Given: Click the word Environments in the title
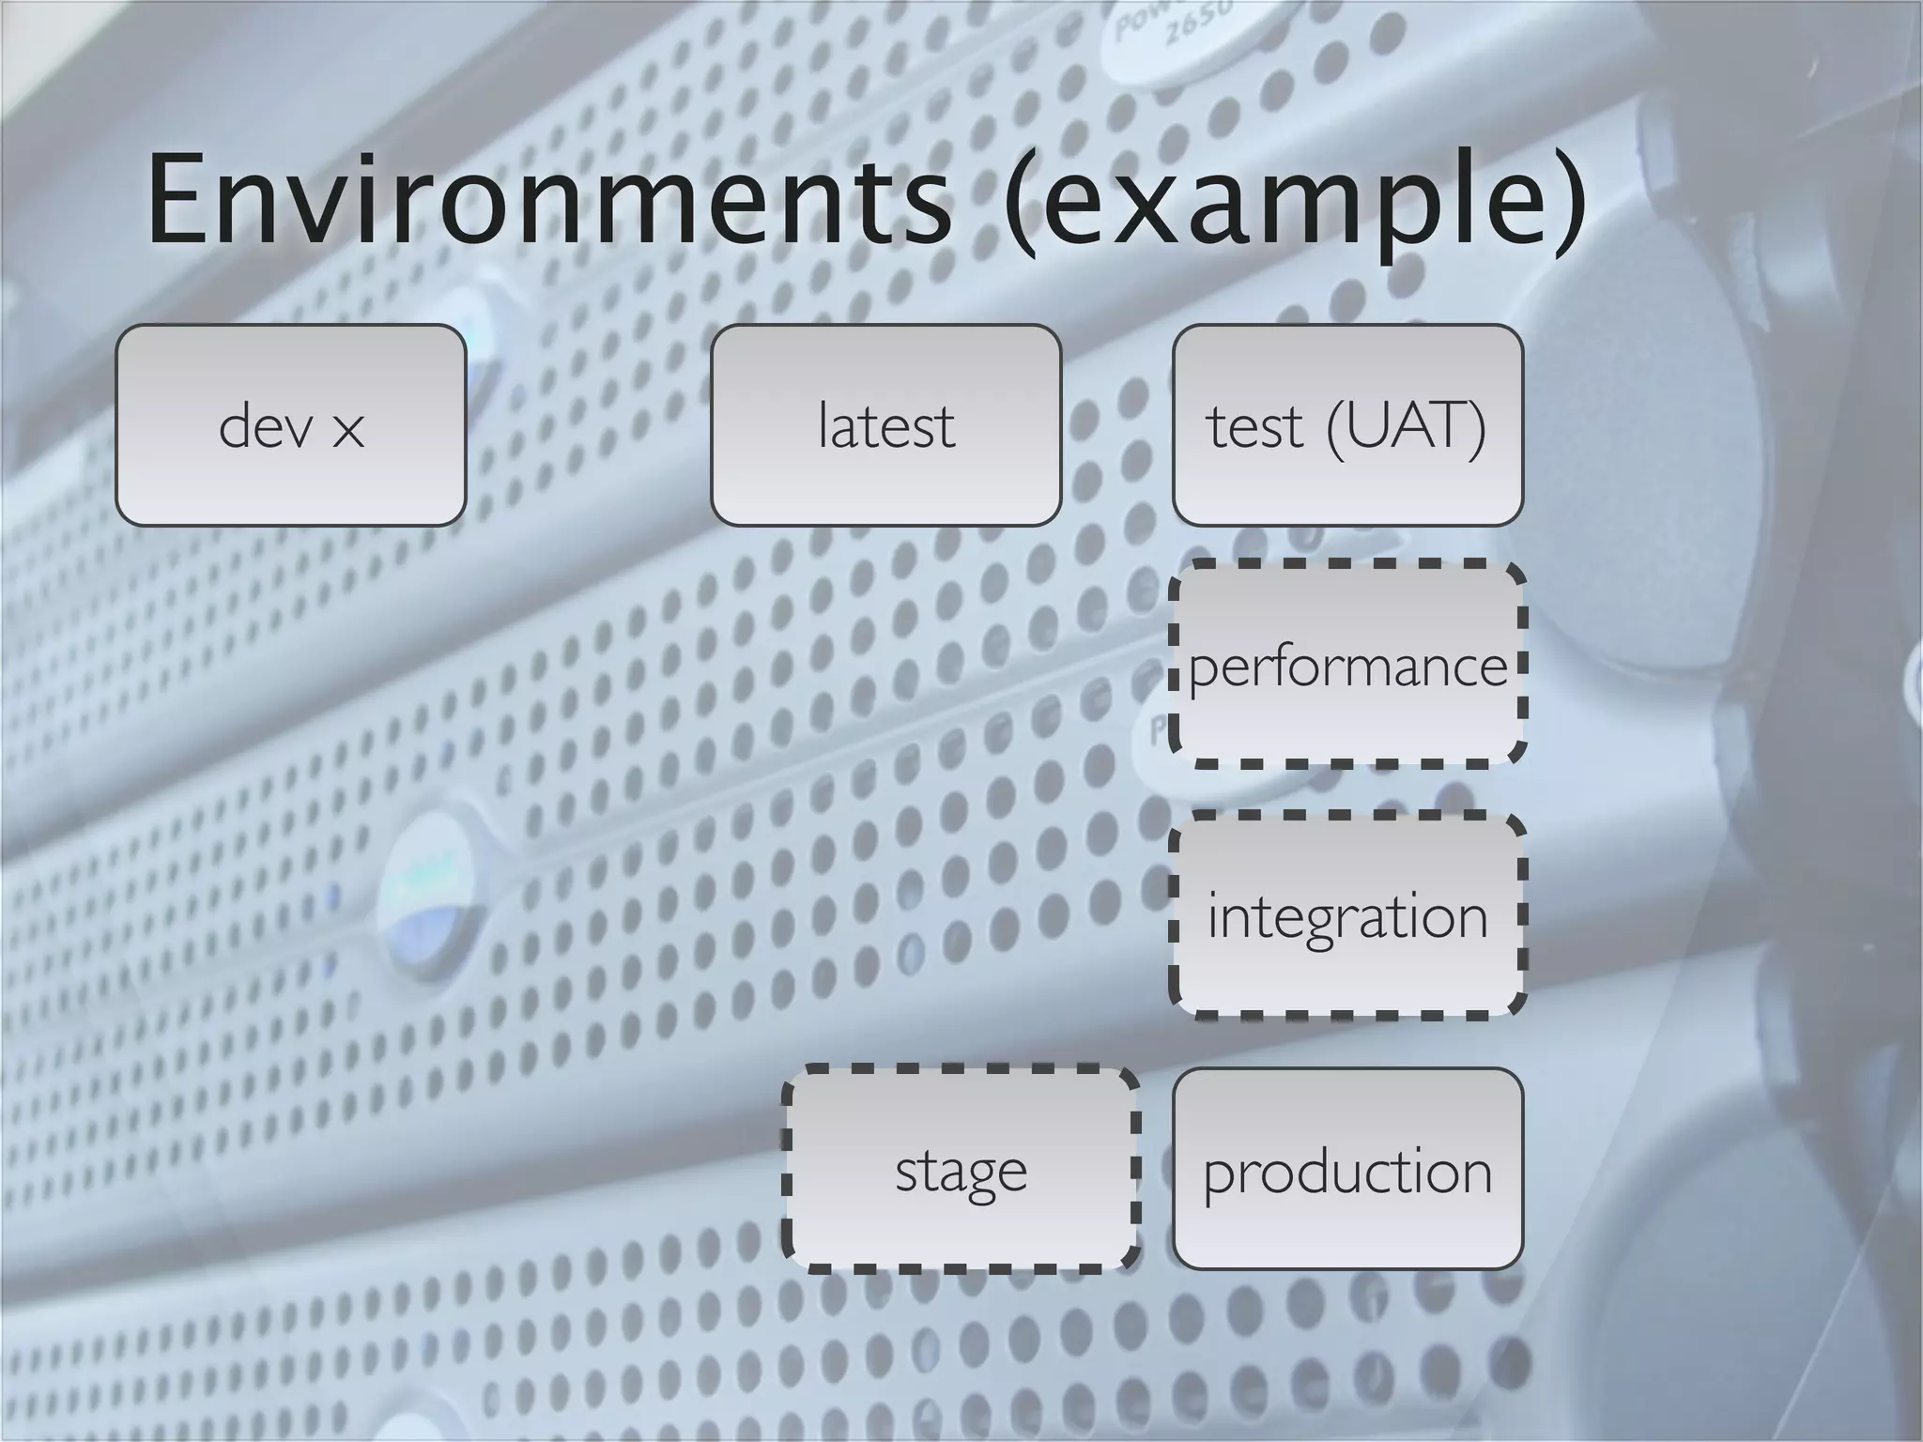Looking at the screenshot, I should [x=549, y=202].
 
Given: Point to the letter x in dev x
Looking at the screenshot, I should [x=347, y=431].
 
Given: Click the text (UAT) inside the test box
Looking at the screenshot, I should [x=1407, y=427].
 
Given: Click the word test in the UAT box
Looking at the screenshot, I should [x=1254, y=427].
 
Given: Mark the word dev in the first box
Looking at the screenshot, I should [x=266, y=427].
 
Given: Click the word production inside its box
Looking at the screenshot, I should [x=1347, y=1174].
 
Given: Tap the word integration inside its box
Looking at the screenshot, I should [x=1347, y=917].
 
